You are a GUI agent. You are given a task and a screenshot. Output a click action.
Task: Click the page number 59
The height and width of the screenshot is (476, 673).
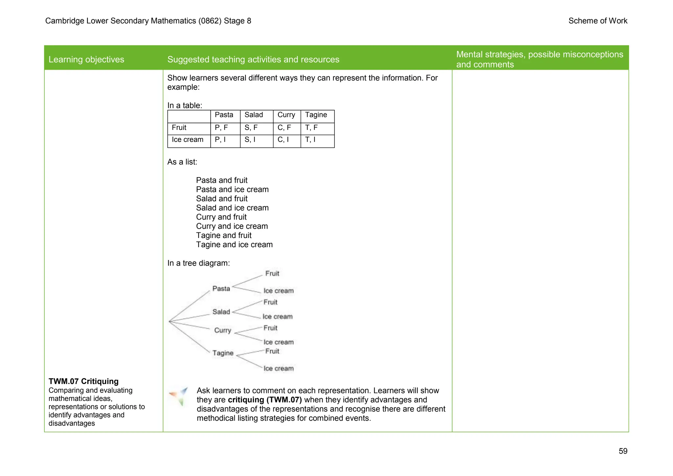click(x=623, y=451)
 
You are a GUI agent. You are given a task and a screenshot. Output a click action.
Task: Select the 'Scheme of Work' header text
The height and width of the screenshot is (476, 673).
click(x=598, y=21)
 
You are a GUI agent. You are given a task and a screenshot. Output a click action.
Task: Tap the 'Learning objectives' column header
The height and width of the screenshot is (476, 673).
click(x=86, y=59)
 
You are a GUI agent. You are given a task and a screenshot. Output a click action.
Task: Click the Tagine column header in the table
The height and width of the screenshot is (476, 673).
click(x=316, y=115)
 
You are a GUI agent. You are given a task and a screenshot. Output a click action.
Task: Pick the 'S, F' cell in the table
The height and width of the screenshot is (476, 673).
click(x=251, y=128)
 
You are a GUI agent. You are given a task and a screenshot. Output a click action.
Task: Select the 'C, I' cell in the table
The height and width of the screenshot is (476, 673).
click(x=283, y=140)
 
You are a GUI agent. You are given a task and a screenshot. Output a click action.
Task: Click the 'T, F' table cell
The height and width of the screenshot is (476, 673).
click(x=312, y=128)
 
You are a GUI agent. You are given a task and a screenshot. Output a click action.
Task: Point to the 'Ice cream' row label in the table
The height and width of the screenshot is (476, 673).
click(x=188, y=140)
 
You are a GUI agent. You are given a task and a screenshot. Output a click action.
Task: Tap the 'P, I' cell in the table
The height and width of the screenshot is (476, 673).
click(x=220, y=140)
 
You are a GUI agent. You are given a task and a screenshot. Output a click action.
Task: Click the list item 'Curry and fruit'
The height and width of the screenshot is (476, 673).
click(x=221, y=217)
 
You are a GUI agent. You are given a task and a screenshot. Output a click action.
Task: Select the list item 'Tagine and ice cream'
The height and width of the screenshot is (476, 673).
click(x=234, y=245)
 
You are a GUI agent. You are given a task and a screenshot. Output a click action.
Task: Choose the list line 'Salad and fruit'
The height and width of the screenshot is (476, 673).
click(x=222, y=199)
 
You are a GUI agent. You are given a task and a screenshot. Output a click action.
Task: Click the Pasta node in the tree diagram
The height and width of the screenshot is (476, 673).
click(x=221, y=289)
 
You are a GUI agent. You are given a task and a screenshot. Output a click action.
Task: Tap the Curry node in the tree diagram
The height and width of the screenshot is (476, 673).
click(x=223, y=330)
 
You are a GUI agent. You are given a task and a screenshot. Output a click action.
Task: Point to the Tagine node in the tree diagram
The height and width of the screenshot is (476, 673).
click(x=223, y=353)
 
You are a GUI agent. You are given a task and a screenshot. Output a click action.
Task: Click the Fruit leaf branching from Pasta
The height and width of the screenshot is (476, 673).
click(x=272, y=274)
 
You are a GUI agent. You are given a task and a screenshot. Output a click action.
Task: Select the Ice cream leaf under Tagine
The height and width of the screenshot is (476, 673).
click(x=279, y=369)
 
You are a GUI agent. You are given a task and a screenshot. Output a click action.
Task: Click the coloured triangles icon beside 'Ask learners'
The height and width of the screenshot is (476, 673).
click(x=178, y=396)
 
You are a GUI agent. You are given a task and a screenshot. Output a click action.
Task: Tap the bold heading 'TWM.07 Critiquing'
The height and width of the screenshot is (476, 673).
click(x=83, y=381)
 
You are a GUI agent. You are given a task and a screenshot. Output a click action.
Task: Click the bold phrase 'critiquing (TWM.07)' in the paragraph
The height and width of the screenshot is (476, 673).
click(x=265, y=400)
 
